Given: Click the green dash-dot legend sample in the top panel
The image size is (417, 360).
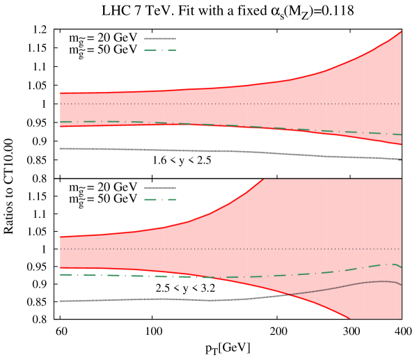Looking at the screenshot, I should pyautogui.click(x=160, y=50).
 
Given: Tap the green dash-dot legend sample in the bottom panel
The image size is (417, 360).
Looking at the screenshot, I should pyautogui.click(x=160, y=199).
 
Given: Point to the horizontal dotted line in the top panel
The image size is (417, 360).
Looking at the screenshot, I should pyautogui.click(x=209, y=104).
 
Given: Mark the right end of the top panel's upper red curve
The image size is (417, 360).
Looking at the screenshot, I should pyautogui.click(x=401, y=31).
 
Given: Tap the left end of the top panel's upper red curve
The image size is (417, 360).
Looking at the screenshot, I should pyautogui.click(x=61, y=93).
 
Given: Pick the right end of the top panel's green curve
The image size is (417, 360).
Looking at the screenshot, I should pyautogui.click(x=401, y=134).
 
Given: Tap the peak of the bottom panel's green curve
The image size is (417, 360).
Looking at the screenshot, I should pyautogui.click(x=393, y=264).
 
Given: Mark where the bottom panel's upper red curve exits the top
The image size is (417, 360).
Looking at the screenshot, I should pyautogui.click(x=263, y=180).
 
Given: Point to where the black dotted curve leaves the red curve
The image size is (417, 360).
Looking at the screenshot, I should pyautogui.click(x=289, y=295).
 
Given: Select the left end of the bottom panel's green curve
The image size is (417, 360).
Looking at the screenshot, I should pyautogui.click(x=61, y=274).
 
